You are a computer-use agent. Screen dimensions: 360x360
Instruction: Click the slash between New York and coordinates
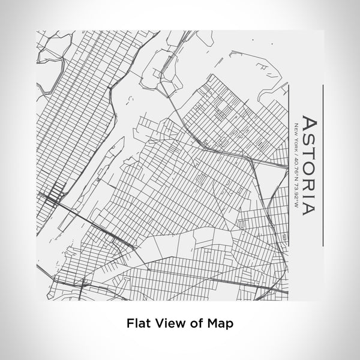tap(295, 150)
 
